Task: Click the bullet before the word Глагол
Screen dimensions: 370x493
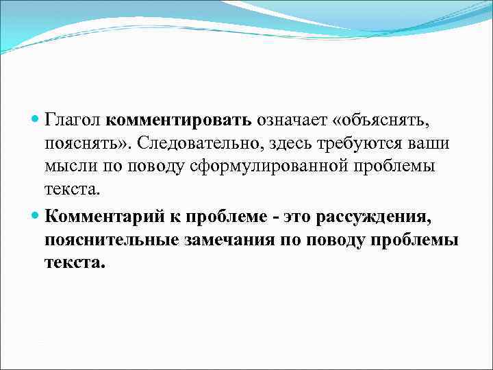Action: [36, 121]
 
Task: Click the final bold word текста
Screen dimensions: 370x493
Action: [75, 264]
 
